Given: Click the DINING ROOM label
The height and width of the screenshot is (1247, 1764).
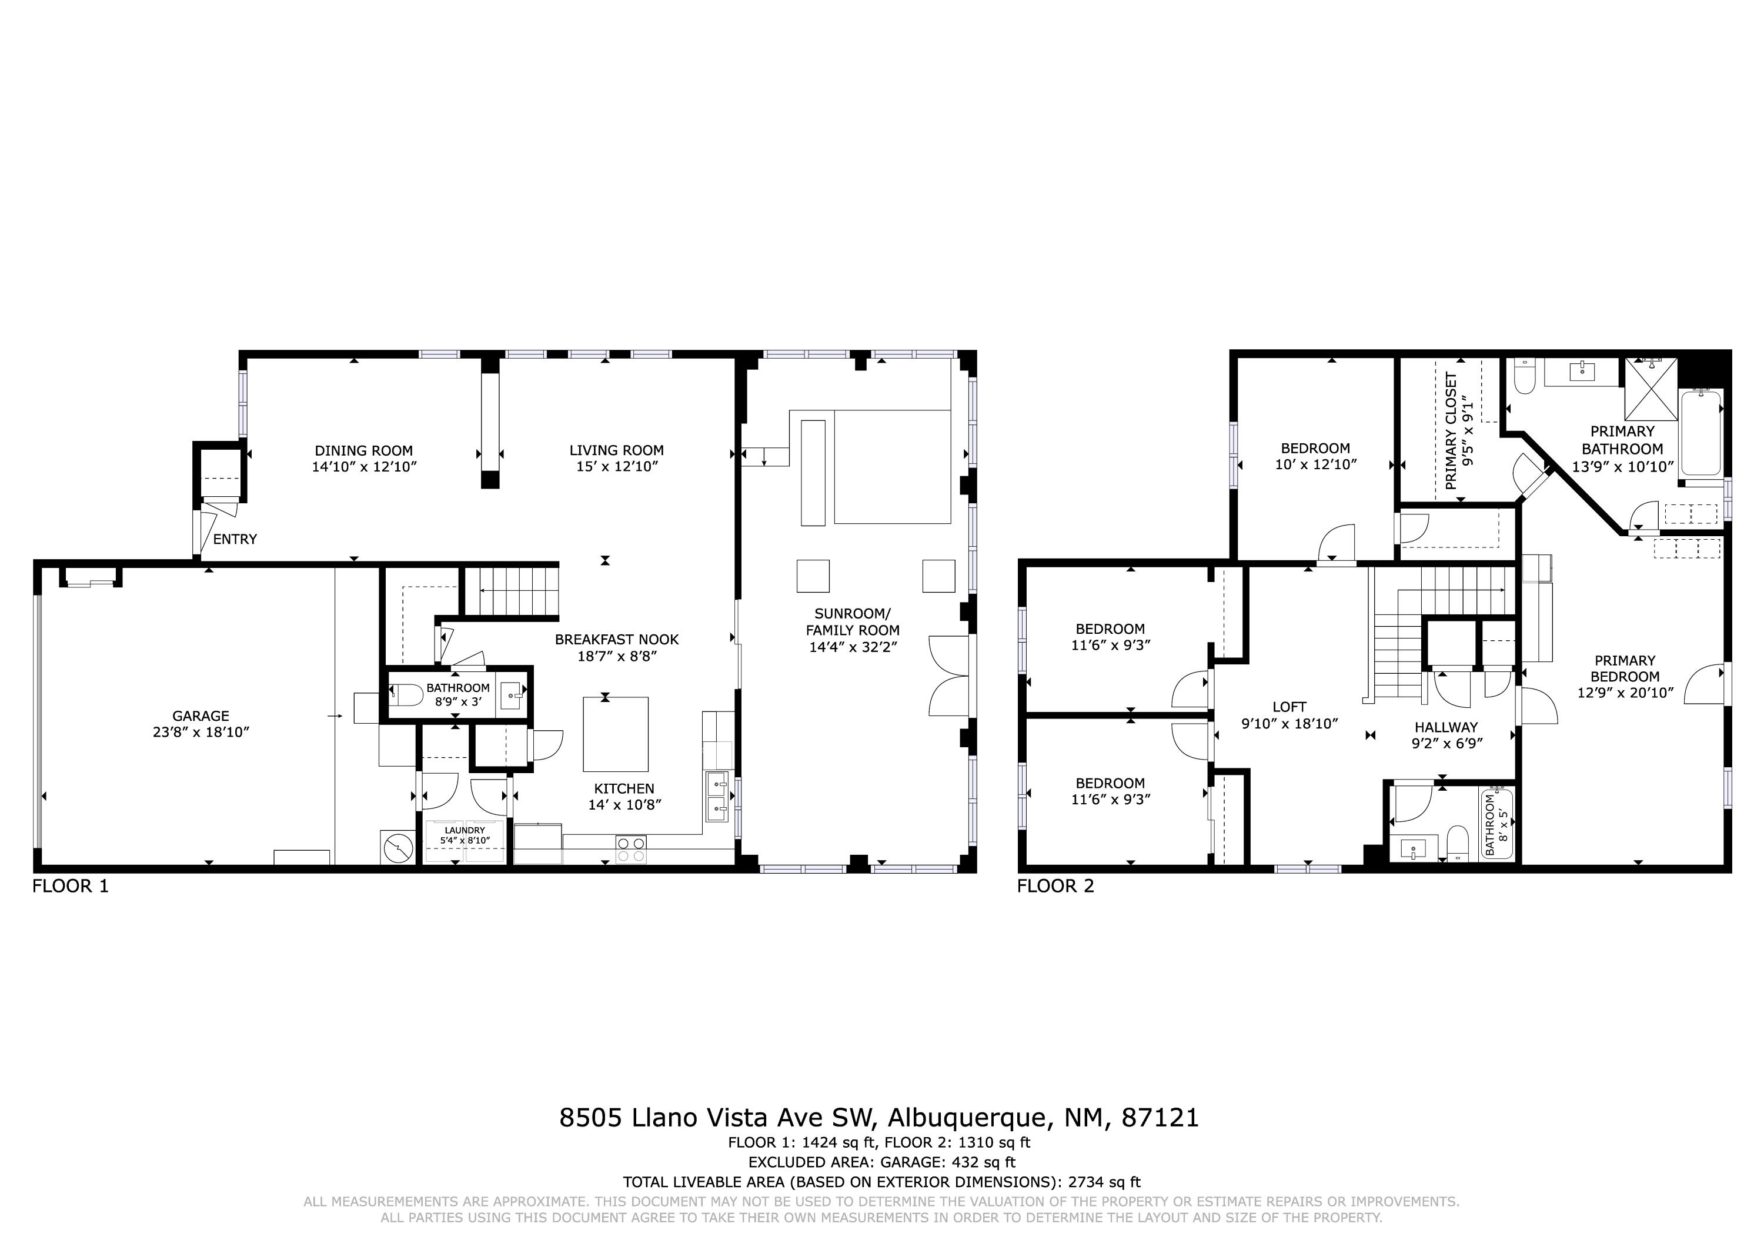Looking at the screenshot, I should tap(363, 451).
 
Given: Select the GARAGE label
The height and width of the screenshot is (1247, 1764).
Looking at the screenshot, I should tap(201, 716).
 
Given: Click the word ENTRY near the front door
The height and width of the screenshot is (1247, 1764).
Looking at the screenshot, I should tap(235, 539).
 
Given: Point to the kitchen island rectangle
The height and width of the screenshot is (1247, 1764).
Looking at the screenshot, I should tap(616, 734).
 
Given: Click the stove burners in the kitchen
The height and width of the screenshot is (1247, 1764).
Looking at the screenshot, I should tap(631, 849).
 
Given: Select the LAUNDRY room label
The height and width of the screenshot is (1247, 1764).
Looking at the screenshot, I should tap(465, 831).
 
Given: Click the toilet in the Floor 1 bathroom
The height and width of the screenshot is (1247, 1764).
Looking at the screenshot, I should tap(405, 696).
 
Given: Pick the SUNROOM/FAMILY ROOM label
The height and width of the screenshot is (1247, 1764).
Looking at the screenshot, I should tap(852, 621).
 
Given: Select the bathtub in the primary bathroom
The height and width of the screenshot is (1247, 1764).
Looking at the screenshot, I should tap(1702, 433).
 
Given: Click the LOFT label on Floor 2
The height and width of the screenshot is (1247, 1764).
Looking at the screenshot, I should tap(1289, 707).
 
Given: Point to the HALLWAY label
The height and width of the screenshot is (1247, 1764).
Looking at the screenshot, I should tap(1446, 727).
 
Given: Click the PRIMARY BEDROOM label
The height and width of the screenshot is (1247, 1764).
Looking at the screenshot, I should tap(1624, 668).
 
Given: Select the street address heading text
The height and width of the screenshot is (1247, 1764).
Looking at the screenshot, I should tap(879, 1117).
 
